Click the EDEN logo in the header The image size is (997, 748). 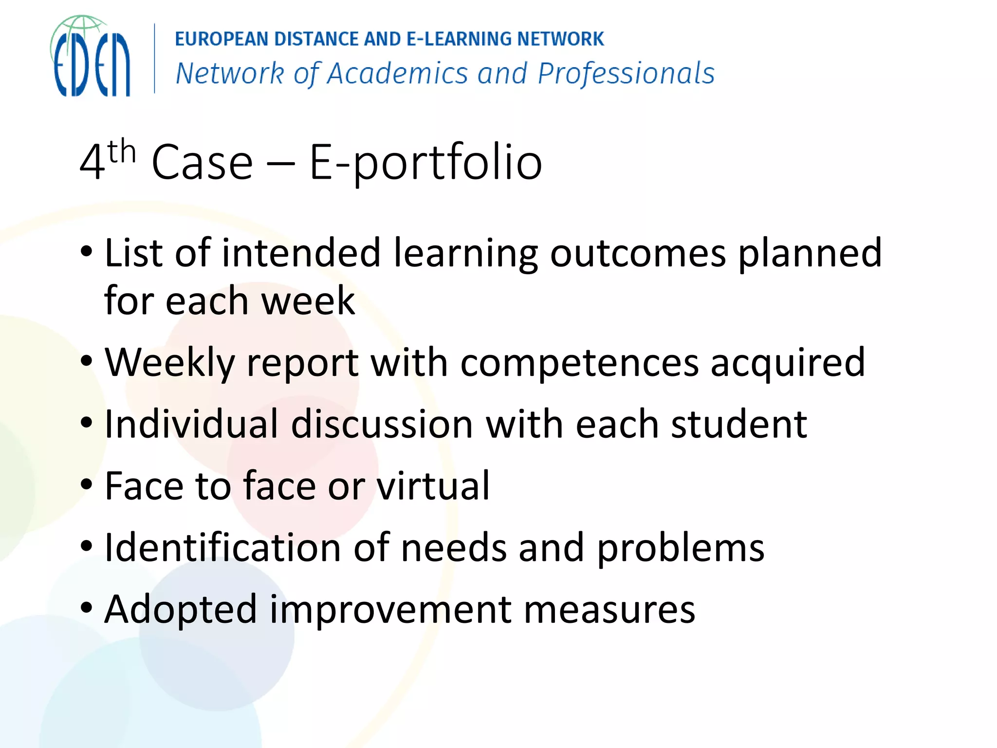point(91,56)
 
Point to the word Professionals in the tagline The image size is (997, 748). point(626,74)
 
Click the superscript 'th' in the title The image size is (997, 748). point(121,152)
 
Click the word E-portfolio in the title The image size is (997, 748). point(425,163)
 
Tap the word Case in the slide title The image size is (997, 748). point(202,163)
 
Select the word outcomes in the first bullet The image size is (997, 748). point(638,253)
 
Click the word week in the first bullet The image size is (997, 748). point(308,301)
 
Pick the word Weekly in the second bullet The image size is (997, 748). point(169,363)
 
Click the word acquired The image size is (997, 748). point(788,363)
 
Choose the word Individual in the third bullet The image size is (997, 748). point(191,424)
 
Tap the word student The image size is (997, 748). point(739,424)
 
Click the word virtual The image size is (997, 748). point(433,486)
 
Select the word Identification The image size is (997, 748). point(222,547)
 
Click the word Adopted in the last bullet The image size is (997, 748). point(181,610)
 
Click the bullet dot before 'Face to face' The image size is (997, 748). point(87,485)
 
